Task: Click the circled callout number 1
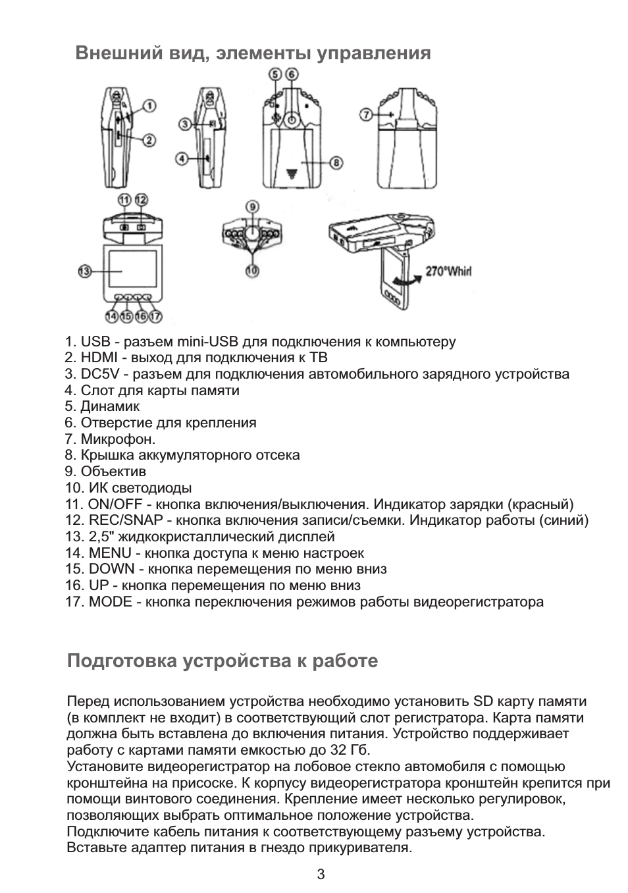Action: pyautogui.click(x=150, y=105)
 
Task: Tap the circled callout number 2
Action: pyautogui.click(x=150, y=140)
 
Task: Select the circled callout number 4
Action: pyautogui.click(x=182, y=158)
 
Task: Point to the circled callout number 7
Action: pyautogui.click(x=366, y=115)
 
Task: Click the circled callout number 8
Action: pyautogui.click(x=335, y=162)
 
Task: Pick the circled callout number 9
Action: pyautogui.click(x=253, y=206)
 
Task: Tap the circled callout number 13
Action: pyautogui.click(x=84, y=271)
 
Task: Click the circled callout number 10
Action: pyautogui.click(x=252, y=270)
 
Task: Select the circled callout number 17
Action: pyautogui.click(x=155, y=317)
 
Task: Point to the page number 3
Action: pyautogui.click(x=321, y=875)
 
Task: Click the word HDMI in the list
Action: pyautogui.click(x=99, y=358)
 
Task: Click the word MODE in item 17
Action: pyautogui.click(x=110, y=602)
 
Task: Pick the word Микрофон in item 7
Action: pyautogui.click(x=117, y=439)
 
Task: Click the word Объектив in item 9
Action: pyautogui.click(x=113, y=472)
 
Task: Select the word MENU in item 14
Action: pyautogui.click(x=110, y=553)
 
